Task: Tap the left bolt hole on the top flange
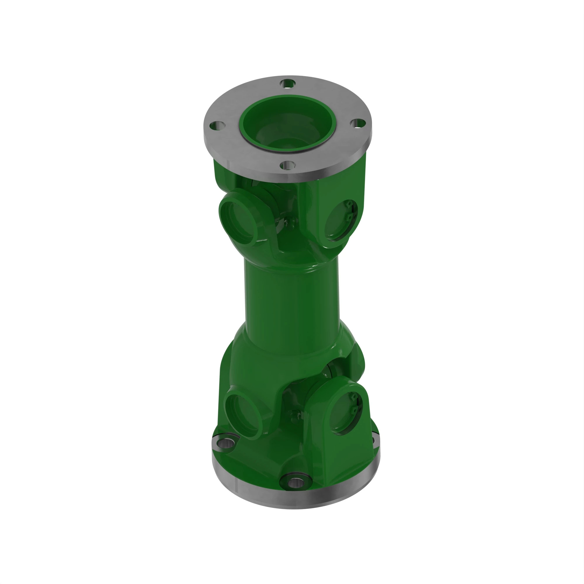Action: (x=217, y=125)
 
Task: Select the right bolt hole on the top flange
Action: (x=358, y=123)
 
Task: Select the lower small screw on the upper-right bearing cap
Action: (x=350, y=217)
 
